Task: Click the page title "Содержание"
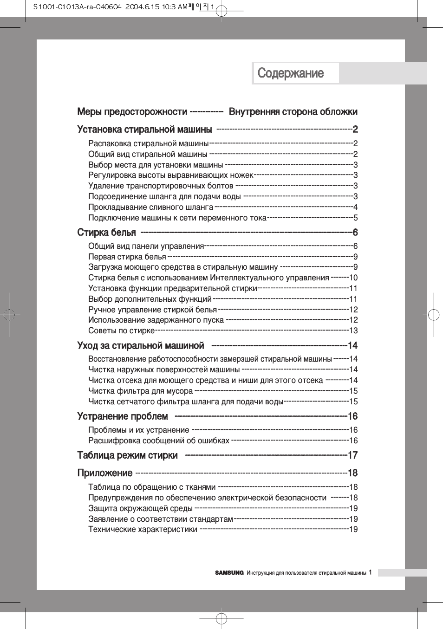(x=290, y=73)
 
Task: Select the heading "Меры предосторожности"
(x=132, y=112)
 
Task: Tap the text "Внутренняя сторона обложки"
(x=293, y=112)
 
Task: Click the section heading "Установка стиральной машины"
(x=144, y=130)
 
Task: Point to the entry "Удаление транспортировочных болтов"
(x=161, y=186)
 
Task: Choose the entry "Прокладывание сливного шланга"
(x=150, y=207)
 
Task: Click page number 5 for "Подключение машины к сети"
(x=355, y=218)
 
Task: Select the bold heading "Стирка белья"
(x=106, y=233)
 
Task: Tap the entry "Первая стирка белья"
(x=127, y=257)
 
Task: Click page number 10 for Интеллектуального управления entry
(x=353, y=278)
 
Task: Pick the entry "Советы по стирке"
(x=121, y=331)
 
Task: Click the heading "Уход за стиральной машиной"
(x=140, y=345)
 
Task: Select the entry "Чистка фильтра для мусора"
(x=140, y=391)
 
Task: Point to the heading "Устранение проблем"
(x=122, y=416)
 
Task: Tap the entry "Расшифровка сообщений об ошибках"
(x=159, y=441)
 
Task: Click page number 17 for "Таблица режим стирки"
(x=352, y=455)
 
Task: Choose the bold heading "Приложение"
(x=104, y=473)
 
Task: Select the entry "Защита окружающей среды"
(x=140, y=508)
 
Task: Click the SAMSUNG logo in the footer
(x=229, y=573)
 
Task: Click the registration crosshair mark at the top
(x=221, y=10)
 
